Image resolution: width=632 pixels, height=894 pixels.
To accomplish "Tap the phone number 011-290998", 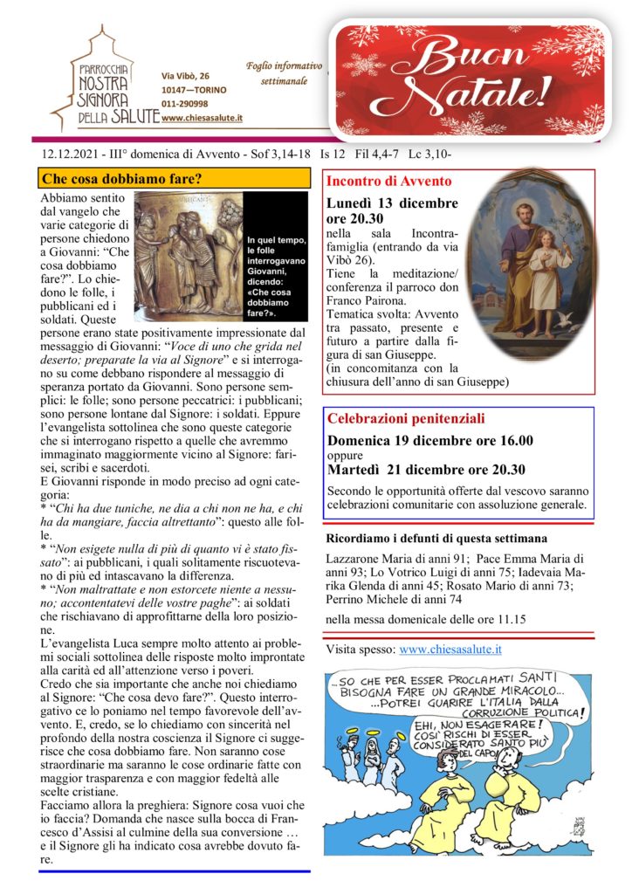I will (x=185, y=104).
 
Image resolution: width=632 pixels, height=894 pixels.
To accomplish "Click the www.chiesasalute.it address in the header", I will (x=202, y=118).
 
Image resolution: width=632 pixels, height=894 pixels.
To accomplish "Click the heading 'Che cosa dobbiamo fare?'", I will (x=122, y=179).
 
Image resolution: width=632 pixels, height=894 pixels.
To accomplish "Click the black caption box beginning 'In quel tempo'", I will (x=276, y=275).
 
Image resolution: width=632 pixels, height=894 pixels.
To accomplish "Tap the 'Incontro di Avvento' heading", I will (x=388, y=182).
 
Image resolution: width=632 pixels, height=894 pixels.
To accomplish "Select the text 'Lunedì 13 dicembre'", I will (x=391, y=203).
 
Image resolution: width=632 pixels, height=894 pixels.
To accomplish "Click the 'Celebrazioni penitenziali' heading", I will (x=405, y=419).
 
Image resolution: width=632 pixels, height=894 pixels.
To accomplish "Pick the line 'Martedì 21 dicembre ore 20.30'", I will (x=427, y=470).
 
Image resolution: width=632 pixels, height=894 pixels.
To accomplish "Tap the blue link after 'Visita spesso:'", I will (x=450, y=650).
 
